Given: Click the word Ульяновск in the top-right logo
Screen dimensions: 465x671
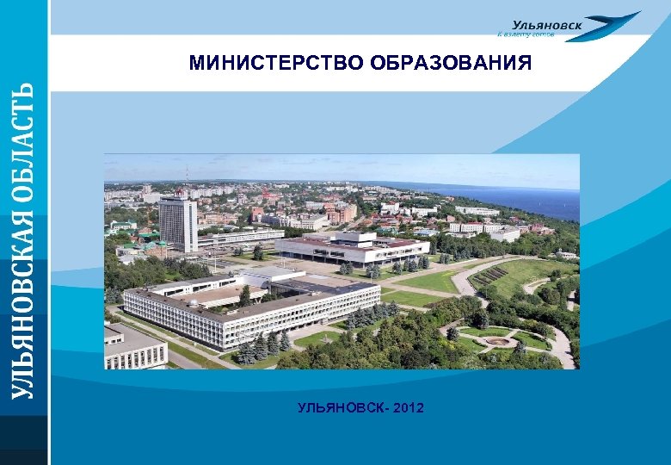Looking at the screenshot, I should click(x=547, y=25).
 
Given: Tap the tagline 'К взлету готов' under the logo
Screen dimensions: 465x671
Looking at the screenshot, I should click(x=526, y=36).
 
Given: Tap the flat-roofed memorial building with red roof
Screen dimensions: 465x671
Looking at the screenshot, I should click(x=352, y=247).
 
